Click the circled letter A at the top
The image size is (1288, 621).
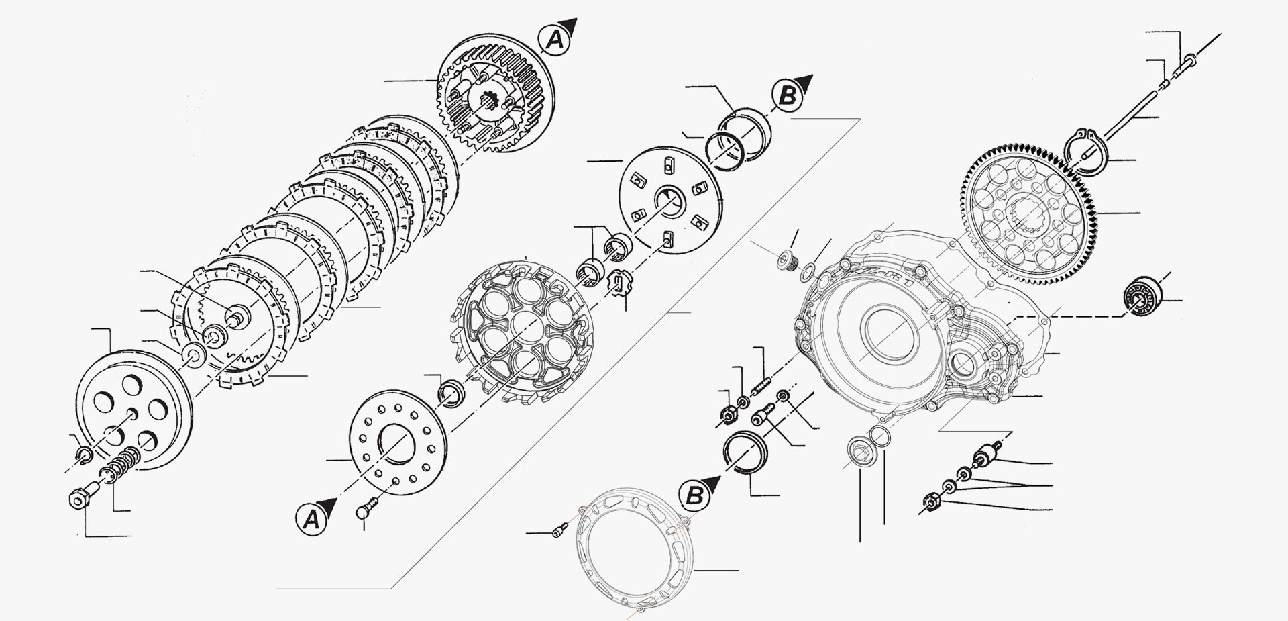[x=555, y=42]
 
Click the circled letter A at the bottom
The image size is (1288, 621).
[x=310, y=519]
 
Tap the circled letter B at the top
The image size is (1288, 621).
[x=787, y=96]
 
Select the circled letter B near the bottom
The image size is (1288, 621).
[x=695, y=496]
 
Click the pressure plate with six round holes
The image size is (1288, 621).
[x=134, y=410]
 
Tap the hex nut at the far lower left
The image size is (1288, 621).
[x=78, y=499]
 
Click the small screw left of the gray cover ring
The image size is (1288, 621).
[x=555, y=532]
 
